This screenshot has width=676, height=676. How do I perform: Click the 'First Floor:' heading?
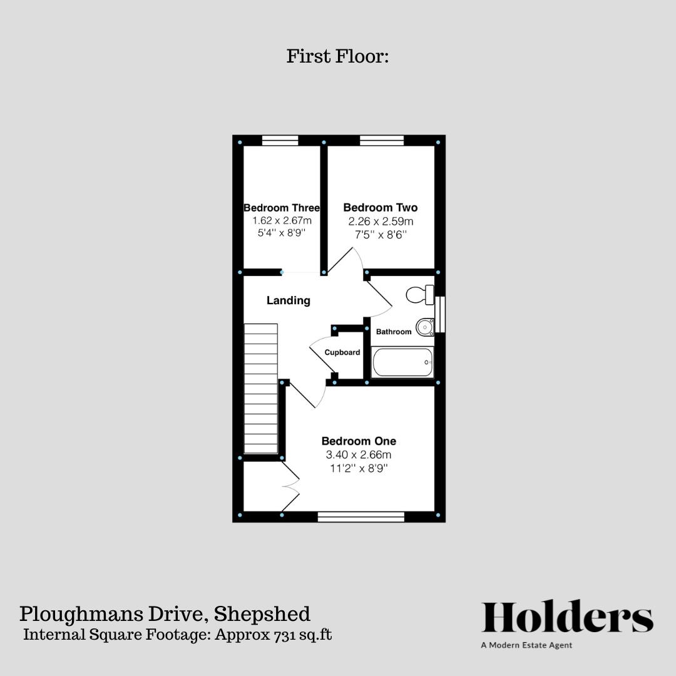tap(338, 57)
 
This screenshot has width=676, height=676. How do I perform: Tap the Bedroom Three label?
tap(282, 208)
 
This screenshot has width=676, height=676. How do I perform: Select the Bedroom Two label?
tap(380, 207)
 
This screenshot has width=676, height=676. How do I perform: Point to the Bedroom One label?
tap(359, 441)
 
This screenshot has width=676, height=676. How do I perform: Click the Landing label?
tap(289, 300)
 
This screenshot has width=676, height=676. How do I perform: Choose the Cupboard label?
tap(342, 352)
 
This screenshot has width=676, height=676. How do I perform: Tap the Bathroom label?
tap(394, 332)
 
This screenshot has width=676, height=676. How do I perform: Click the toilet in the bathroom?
tap(420, 294)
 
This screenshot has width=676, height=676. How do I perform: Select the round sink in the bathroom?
tap(425, 326)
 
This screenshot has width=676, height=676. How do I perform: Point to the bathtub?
tap(402, 362)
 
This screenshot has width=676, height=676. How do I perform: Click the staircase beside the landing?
tap(261, 388)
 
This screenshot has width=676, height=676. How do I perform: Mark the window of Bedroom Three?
tap(280, 141)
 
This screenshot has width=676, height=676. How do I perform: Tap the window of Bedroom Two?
tap(381, 141)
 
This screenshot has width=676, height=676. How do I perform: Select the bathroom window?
tap(440, 314)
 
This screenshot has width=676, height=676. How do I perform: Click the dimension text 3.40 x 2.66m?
tap(359, 455)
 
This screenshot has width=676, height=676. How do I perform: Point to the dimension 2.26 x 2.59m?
tap(381, 222)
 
